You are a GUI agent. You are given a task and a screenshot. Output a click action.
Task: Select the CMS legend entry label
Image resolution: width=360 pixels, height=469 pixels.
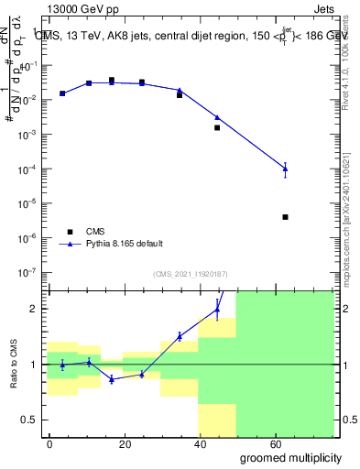pyautogui.click(x=96, y=232)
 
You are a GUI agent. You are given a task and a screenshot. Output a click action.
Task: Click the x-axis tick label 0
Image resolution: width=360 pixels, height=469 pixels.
pyautogui.click(x=49, y=442)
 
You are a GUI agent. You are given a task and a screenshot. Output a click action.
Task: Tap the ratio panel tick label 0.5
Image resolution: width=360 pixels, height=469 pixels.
pyautogui.click(x=27, y=420)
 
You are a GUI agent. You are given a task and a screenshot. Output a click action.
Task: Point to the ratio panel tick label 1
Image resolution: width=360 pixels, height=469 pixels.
pyautogui.click(x=32, y=365)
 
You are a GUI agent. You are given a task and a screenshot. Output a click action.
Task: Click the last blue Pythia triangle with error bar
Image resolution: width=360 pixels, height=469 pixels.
pyautogui.click(x=286, y=169)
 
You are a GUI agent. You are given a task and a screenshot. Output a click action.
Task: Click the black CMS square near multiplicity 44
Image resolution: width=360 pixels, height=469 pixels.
pyautogui.click(x=217, y=127)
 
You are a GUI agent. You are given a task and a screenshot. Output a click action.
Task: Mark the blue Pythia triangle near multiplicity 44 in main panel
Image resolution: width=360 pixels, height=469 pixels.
pyautogui.click(x=217, y=117)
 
